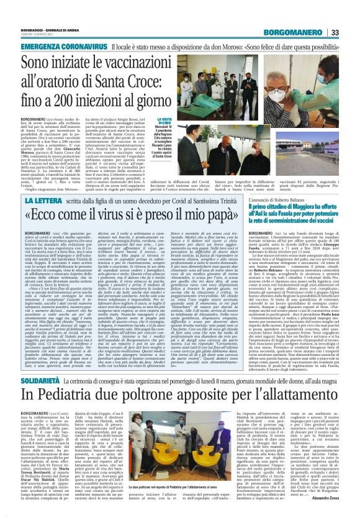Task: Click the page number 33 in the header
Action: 351,32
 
